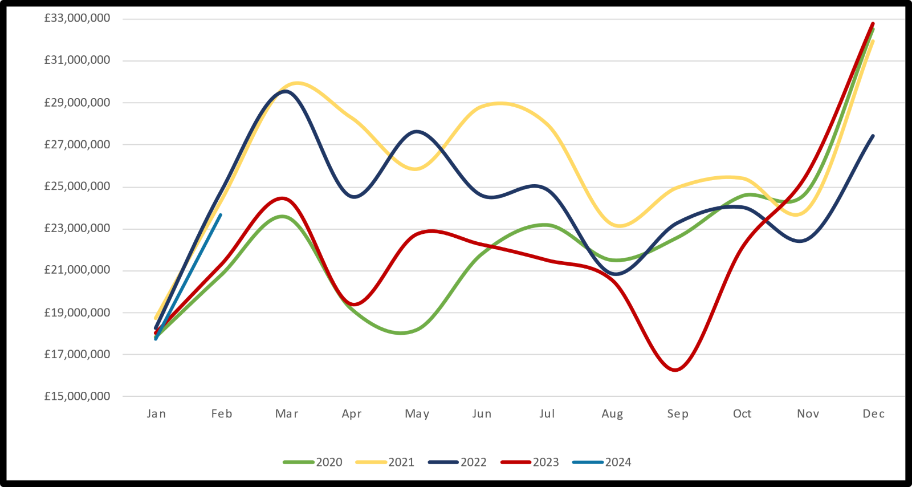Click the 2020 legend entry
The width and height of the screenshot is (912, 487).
[x=313, y=462]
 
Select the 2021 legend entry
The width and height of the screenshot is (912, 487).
[x=386, y=462]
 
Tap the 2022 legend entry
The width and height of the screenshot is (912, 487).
[x=458, y=462]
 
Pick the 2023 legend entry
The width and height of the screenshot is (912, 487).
[x=531, y=462]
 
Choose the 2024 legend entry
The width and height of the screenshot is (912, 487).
[x=603, y=462]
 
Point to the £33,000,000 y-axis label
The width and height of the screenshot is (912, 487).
[x=77, y=18]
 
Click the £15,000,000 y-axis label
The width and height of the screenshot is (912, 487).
[x=77, y=396]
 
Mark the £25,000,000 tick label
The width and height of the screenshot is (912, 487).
[x=77, y=186]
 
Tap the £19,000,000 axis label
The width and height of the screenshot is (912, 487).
[x=77, y=313]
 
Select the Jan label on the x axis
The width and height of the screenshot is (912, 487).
[x=156, y=414]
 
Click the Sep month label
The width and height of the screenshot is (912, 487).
[x=678, y=414]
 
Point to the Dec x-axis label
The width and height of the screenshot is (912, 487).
[x=873, y=414]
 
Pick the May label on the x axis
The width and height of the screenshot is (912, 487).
[x=417, y=414]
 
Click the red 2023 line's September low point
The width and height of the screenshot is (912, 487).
[x=676, y=370]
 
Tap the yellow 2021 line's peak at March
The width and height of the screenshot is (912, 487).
[x=296, y=83]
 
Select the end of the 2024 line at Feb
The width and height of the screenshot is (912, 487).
[x=221, y=215]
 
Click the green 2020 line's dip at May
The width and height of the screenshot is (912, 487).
[x=401, y=333]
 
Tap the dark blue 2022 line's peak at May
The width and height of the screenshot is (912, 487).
[x=417, y=131]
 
